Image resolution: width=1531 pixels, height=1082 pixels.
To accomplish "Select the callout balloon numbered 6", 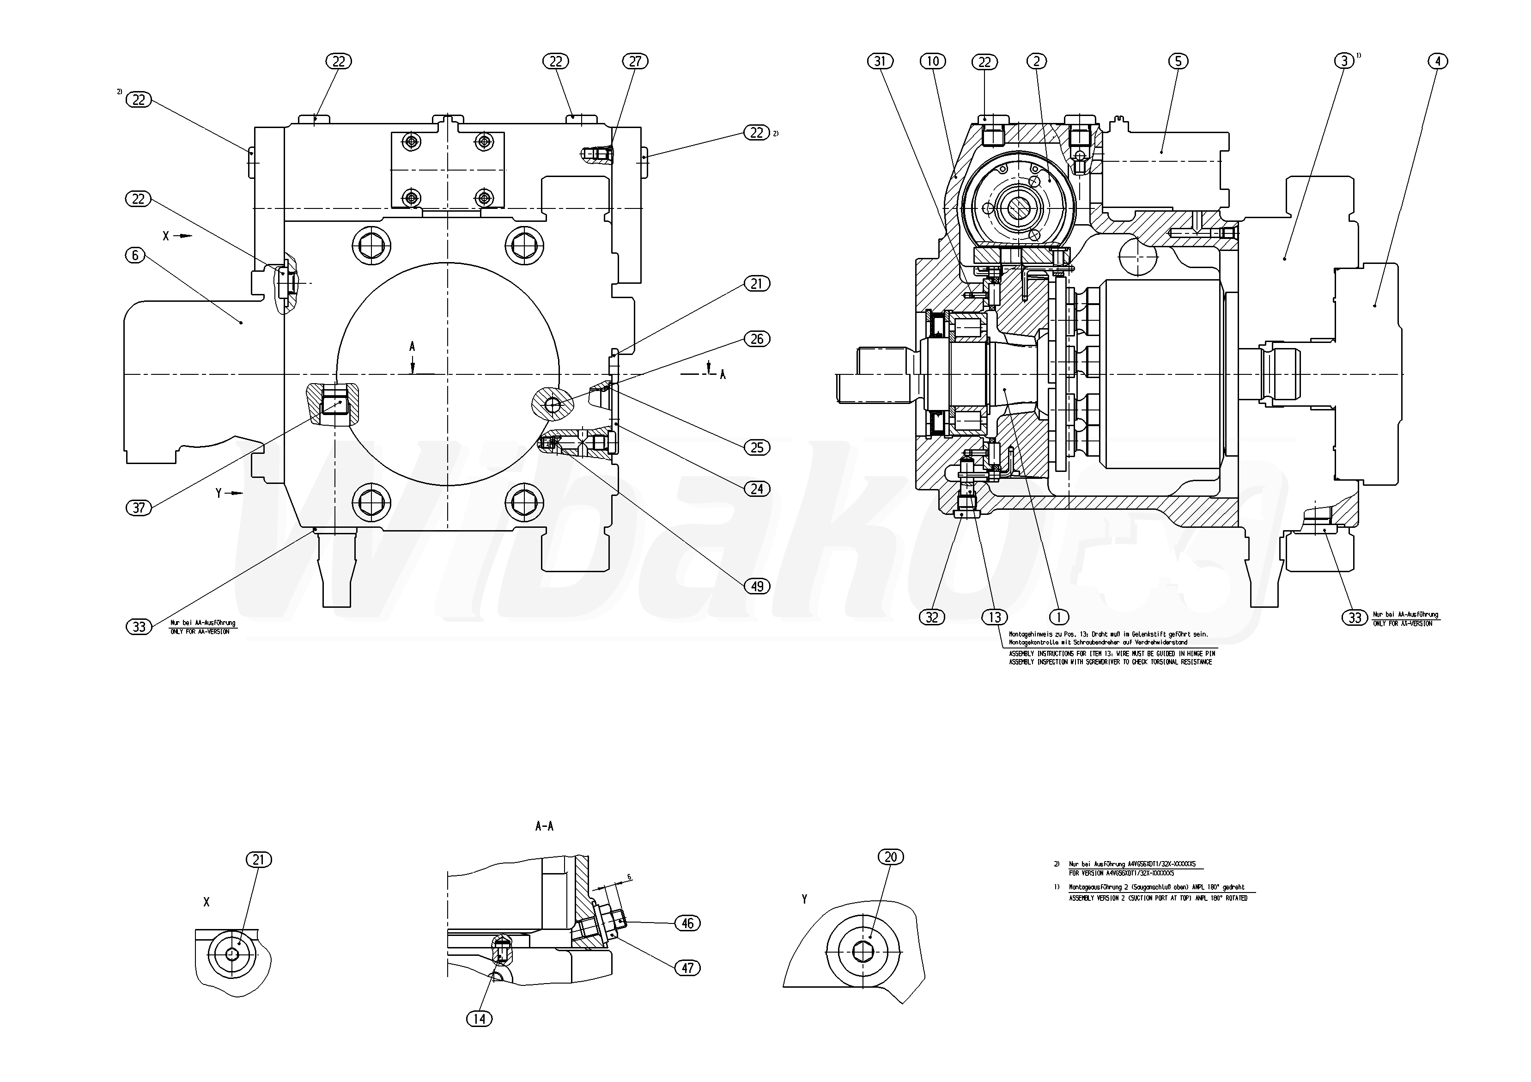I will pyautogui.click(x=135, y=255).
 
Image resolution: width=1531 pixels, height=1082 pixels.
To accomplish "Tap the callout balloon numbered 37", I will pyautogui.click(x=138, y=507).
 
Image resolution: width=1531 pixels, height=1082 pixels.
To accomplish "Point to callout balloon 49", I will pyautogui.click(x=757, y=587).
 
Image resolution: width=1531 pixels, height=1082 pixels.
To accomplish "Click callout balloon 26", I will pyautogui.click(x=757, y=339).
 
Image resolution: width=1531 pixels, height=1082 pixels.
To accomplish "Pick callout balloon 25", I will pyautogui.click(x=757, y=447).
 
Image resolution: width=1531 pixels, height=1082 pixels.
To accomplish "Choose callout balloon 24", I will pyautogui.click(x=757, y=489).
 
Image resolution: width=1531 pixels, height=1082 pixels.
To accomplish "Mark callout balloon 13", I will pyautogui.click(x=995, y=617).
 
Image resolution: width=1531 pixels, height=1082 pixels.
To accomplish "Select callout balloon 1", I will pyautogui.click(x=1058, y=617).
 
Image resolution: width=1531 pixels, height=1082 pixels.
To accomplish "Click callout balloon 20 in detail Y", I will pyautogui.click(x=891, y=856).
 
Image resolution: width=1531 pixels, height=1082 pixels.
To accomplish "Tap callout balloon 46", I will pyautogui.click(x=687, y=923).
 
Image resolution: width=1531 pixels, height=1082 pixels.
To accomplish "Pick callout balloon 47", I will pyautogui.click(x=687, y=968).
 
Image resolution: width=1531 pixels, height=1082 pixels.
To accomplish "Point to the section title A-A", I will pyautogui.click(x=544, y=826).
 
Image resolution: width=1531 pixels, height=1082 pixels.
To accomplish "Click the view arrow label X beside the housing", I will pyautogui.click(x=167, y=235).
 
